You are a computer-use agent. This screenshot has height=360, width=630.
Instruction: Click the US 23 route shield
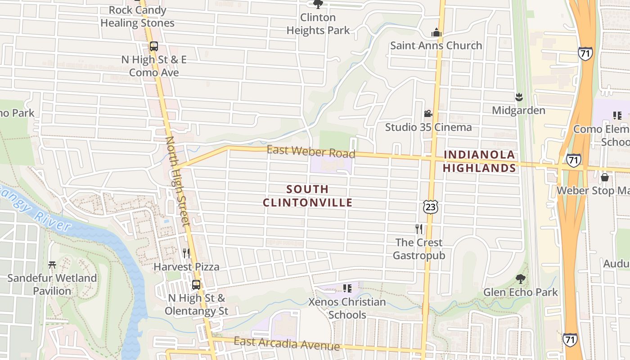coord(430,207)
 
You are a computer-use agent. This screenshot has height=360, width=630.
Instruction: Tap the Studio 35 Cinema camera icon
coord(428,113)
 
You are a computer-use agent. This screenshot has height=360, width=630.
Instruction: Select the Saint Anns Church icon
coord(436,32)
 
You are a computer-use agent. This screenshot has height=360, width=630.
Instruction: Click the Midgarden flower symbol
coord(518,97)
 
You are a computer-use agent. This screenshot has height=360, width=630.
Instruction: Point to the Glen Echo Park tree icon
coord(520,279)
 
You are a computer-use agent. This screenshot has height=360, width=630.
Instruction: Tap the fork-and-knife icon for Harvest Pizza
coord(186,253)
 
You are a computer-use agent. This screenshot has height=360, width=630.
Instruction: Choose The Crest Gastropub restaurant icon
coord(419,229)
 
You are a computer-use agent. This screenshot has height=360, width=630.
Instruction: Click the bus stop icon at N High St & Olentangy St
coord(196,284)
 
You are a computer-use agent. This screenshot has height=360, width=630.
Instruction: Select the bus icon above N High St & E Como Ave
coord(154,46)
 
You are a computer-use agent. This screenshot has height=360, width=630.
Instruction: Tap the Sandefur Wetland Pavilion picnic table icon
coord(52,265)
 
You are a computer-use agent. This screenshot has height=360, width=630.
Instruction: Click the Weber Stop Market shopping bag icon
coord(605,177)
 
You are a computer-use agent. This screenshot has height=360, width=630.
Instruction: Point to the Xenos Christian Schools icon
coord(347,288)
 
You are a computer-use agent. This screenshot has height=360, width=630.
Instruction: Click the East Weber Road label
coord(311,151)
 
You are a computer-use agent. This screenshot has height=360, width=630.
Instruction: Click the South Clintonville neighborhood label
coord(308,196)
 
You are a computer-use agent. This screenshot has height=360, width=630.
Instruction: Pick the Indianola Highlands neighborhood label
coord(479,161)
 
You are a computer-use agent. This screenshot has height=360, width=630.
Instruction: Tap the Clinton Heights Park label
coord(318,24)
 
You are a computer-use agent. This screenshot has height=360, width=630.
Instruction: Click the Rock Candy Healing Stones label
coord(137,16)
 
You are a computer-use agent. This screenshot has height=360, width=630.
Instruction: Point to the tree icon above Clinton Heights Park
coord(318,4)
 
